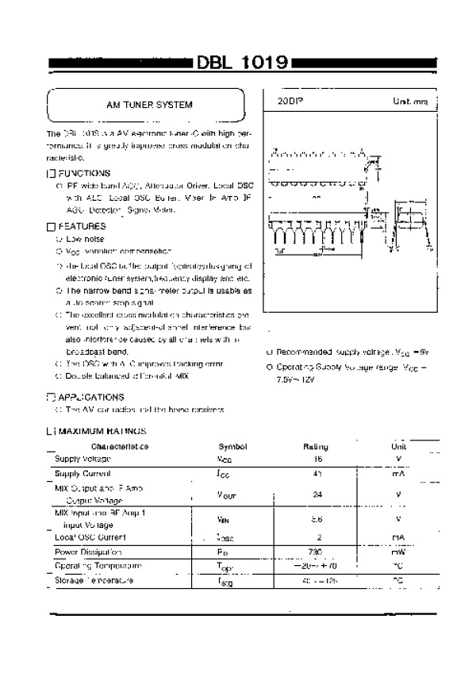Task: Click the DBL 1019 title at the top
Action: click(243, 64)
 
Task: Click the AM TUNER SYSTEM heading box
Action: click(149, 105)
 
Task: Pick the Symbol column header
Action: click(232, 446)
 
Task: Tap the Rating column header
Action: click(316, 446)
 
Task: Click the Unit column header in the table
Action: click(398, 446)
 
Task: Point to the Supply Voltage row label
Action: click(83, 459)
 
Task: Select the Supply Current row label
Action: click(83, 473)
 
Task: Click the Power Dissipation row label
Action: click(88, 551)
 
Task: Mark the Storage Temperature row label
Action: click(94, 580)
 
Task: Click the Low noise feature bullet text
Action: click(85, 238)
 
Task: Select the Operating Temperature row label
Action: click(98, 565)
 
